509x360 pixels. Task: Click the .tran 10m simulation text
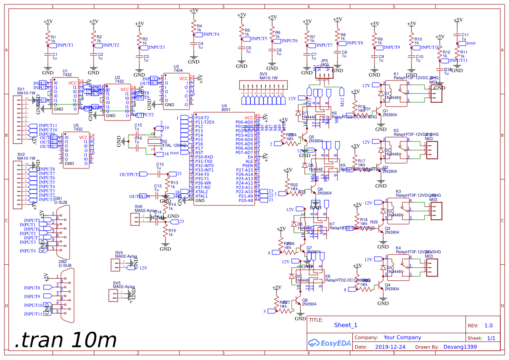tap(65, 340)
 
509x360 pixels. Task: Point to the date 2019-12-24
tap(390, 347)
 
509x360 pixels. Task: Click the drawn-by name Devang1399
tap(460, 347)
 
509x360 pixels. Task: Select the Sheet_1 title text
tap(346, 325)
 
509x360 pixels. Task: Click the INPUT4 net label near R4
tap(211, 34)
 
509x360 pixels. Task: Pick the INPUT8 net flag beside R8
tap(355, 43)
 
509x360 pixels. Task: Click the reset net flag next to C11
tap(471, 43)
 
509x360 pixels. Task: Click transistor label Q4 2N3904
tap(391, 286)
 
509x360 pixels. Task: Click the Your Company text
tap(402, 337)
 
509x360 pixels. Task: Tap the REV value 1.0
tap(488, 325)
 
